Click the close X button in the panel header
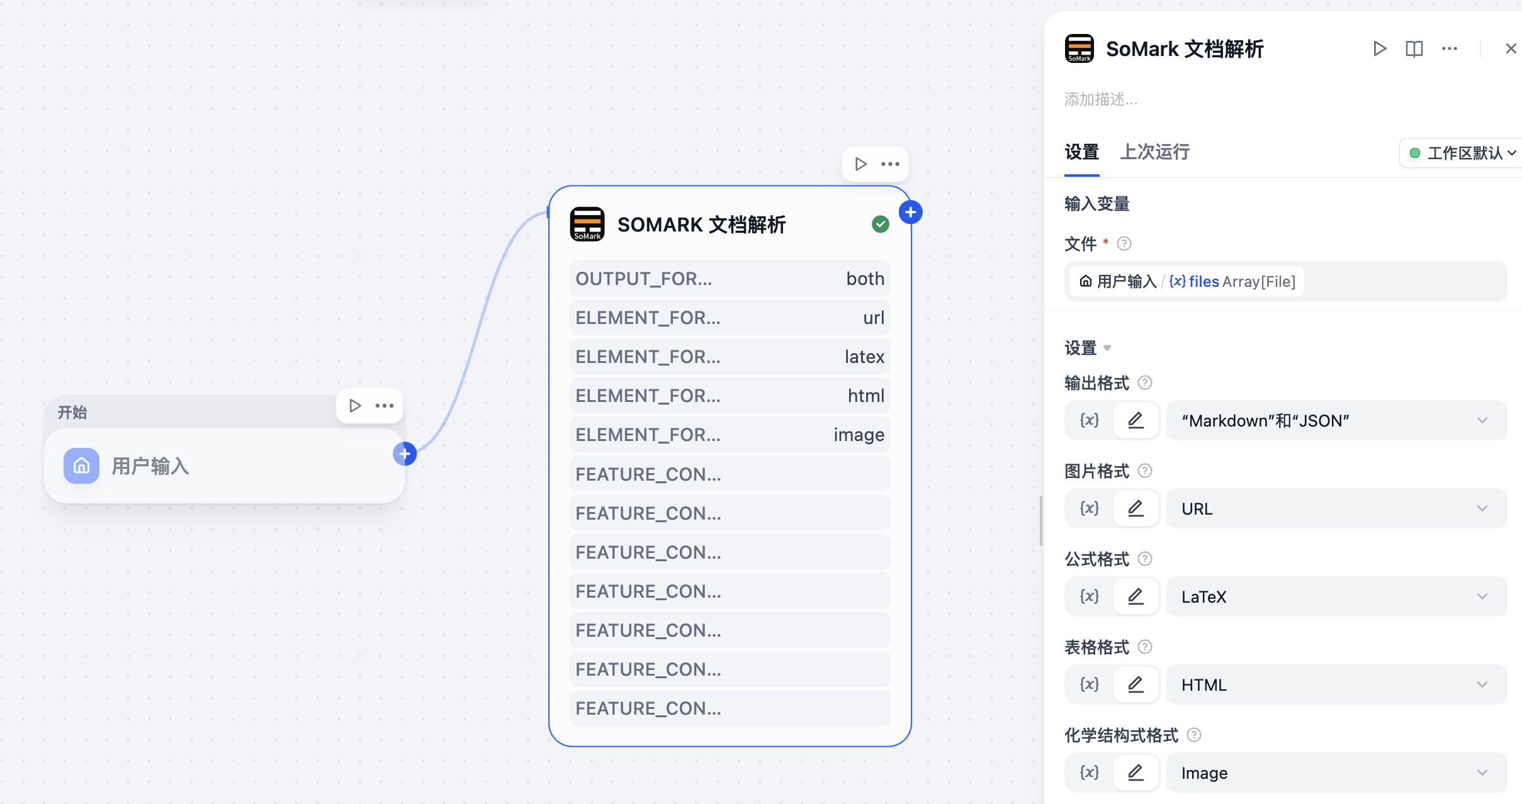tap(1511, 48)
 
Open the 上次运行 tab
tap(1154, 152)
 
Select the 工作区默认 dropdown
tap(1462, 153)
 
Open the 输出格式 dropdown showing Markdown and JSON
tap(1336, 420)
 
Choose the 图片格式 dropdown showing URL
tap(1336, 508)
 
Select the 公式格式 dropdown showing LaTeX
tap(1336, 596)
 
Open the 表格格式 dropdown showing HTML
tap(1336, 684)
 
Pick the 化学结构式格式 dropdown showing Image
tap(1336, 773)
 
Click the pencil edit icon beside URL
tap(1136, 508)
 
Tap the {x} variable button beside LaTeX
tap(1090, 596)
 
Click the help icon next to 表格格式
tap(1145, 647)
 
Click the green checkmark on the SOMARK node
tap(881, 224)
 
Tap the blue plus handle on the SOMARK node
tap(910, 213)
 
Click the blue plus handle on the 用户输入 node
tap(405, 454)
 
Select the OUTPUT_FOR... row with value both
tap(730, 279)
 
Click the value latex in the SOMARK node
tap(864, 357)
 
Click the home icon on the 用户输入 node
tap(81, 466)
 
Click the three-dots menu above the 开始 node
tap(385, 406)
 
